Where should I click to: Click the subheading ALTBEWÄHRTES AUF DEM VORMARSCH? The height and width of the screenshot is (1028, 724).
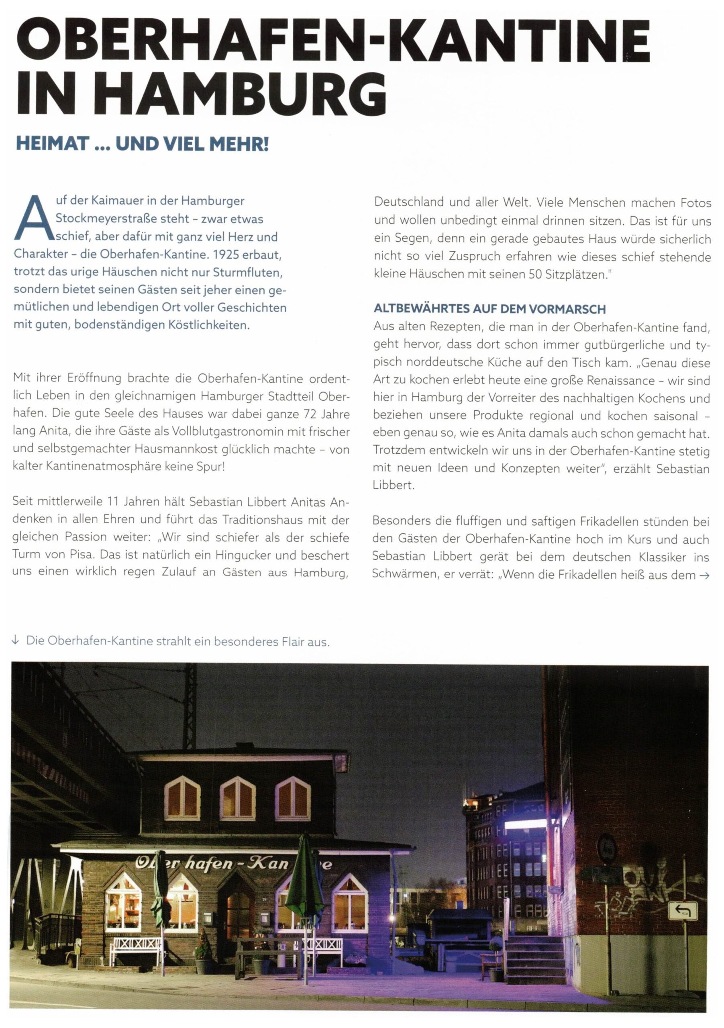[x=489, y=309]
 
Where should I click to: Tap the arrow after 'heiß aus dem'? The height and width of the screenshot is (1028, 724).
[x=704, y=576]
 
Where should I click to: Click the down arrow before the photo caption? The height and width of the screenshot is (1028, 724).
[x=16, y=641]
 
